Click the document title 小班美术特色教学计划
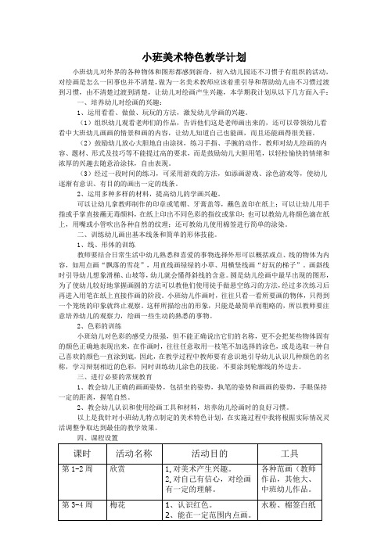[194, 58]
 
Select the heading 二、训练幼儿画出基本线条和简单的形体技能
[159, 235]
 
